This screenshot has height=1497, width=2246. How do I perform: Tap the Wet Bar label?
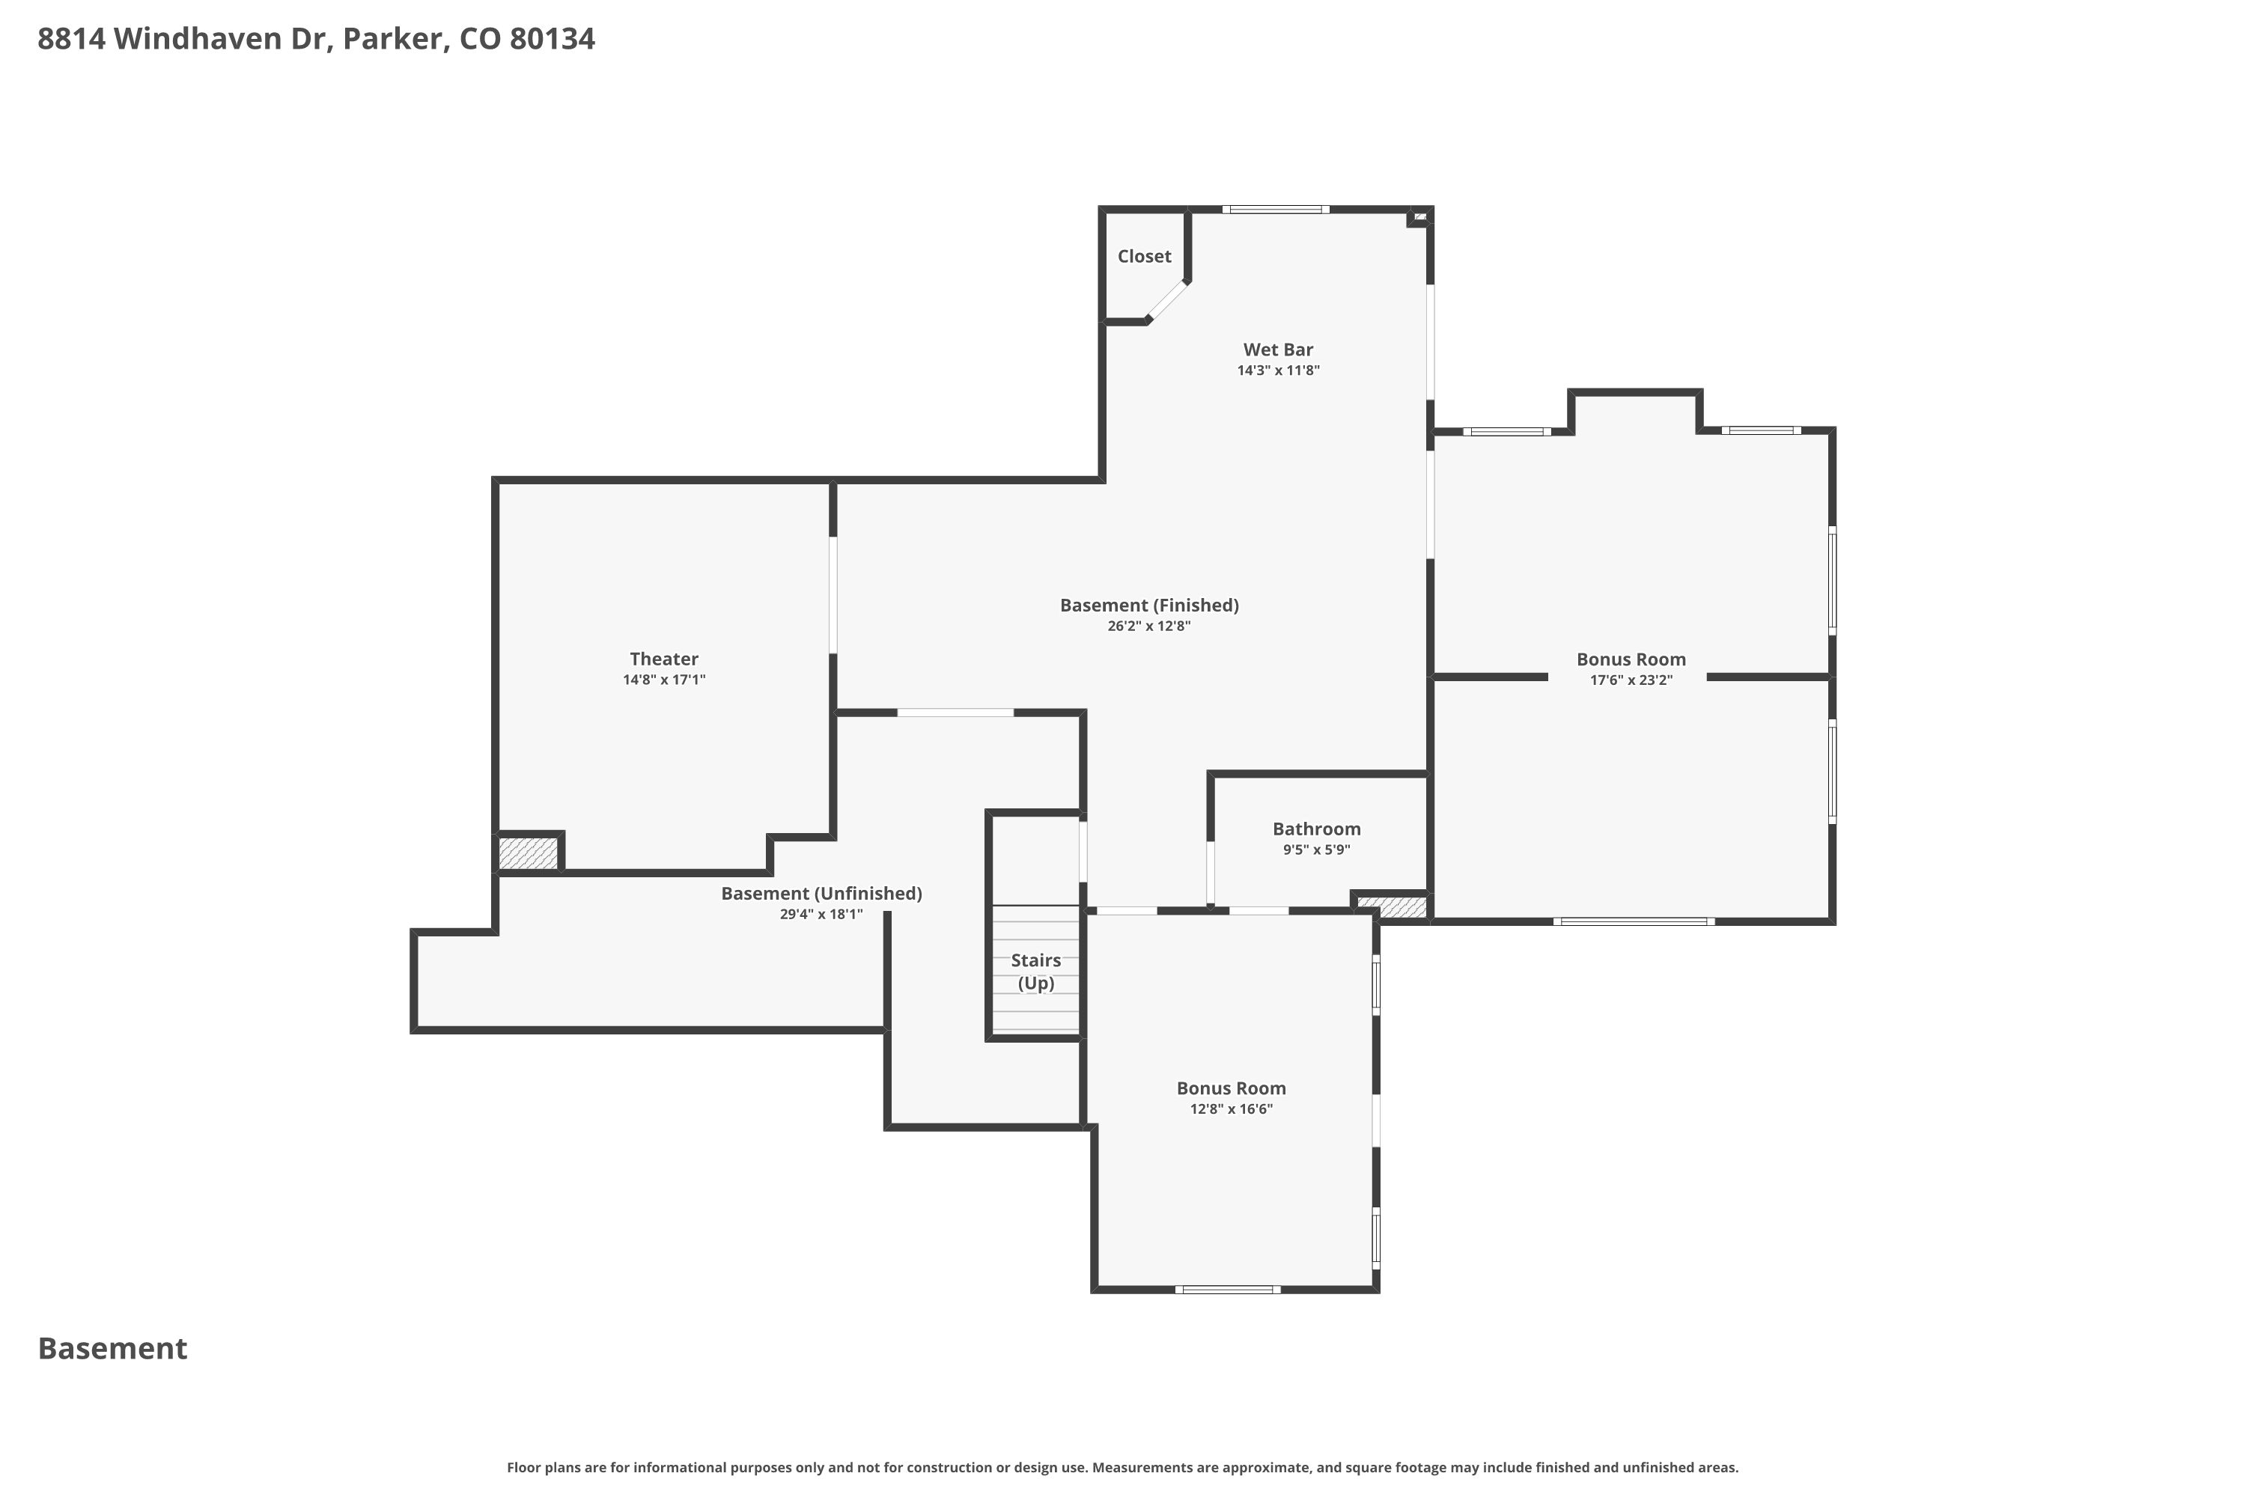(1278, 350)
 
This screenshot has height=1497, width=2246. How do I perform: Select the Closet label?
(1144, 256)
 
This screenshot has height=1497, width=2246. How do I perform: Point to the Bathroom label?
(1316, 829)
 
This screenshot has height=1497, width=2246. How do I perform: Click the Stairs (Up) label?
(1036, 972)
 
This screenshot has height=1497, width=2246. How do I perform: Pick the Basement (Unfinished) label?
(821, 894)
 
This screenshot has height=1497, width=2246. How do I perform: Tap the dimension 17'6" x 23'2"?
(1631, 680)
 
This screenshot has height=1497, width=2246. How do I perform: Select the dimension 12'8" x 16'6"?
(1231, 1109)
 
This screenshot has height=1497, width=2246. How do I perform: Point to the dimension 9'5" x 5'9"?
(1316, 850)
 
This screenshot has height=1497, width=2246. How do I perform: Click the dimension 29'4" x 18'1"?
(821, 915)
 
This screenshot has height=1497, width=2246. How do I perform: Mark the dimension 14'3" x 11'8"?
(1278, 371)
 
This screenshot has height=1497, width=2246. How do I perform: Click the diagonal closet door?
(1168, 302)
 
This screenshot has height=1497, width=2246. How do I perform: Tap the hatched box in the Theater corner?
(528, 853)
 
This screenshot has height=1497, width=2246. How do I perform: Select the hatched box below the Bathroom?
(1393, 907)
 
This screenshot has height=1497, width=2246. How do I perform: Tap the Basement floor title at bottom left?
(113, 1348)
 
